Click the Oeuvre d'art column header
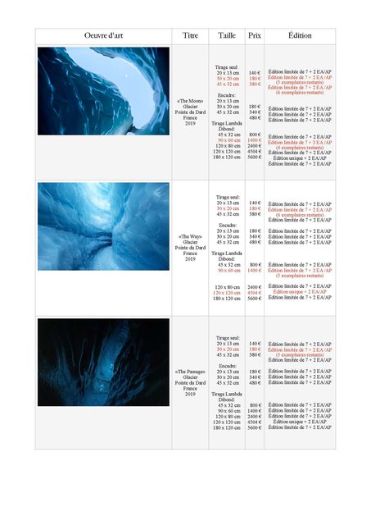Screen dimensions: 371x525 (x=103, y=36)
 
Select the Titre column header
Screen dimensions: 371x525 (x=190, y=36)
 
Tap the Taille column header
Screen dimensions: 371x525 (x=228, y=36)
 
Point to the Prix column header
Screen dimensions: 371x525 (x=255, y=36)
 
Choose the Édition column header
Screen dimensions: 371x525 (x=300, y=36)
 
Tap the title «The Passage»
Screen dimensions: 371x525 (x=190, y=372)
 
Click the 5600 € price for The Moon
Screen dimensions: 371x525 (x=255, y=157)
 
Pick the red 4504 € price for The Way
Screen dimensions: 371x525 (x=255, y=292)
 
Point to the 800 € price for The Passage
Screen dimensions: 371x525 (x=255, y=405)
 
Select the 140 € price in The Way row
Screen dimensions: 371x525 (x=255, y=203)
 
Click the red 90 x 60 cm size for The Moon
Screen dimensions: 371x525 (x=228, y=140)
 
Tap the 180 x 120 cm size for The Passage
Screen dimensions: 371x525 (x=228, y=427)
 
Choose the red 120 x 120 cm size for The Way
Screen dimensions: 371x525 (x=228, y=292)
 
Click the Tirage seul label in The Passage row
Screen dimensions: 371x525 (x=228, y=338)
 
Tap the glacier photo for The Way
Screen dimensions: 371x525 (x=103, y=226)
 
